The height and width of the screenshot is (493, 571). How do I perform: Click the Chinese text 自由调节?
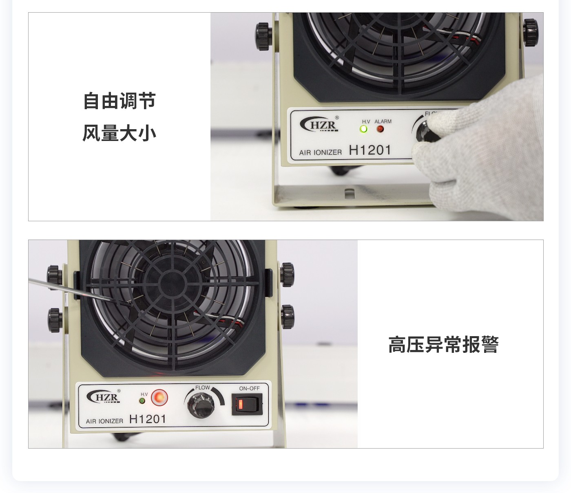pyautogui.click(x=119, y=101)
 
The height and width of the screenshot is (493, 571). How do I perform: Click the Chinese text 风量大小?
pyautogui.click(x=119, y=133)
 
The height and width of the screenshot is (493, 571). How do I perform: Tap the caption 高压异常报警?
pyautogui.click(x=443, y=345)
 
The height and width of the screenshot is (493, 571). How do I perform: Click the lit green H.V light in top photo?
pyautogui.click(x=363, y=129)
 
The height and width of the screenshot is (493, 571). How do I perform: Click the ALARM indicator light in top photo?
pyautogui.click(x=380, y=129)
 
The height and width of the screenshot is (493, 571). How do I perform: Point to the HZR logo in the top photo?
pyautogui.click(x=320, y=125)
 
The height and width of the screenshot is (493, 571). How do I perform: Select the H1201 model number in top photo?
pyautogui.click(x=370, y=150)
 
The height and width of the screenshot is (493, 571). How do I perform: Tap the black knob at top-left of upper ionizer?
pyautogui.click(x=264, y=36)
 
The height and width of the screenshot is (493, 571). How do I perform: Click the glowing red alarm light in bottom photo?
pyautogui.click(x=159, y=397)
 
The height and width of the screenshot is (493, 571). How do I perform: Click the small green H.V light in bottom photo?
pyautogui.click(x=142, y=401)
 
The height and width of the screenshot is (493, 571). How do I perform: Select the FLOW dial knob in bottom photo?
pyautogui.click(x=201, y=404)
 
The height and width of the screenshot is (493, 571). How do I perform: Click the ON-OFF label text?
pyautogui.click(x=249, y=388)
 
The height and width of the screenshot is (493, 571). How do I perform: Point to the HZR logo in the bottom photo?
pyautogui.click(x=104, y=397)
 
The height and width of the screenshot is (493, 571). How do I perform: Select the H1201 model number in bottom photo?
pyautogui.click(x=148, y=419)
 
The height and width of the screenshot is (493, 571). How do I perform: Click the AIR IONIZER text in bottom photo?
pyautogui.click(x=104, y=421)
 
